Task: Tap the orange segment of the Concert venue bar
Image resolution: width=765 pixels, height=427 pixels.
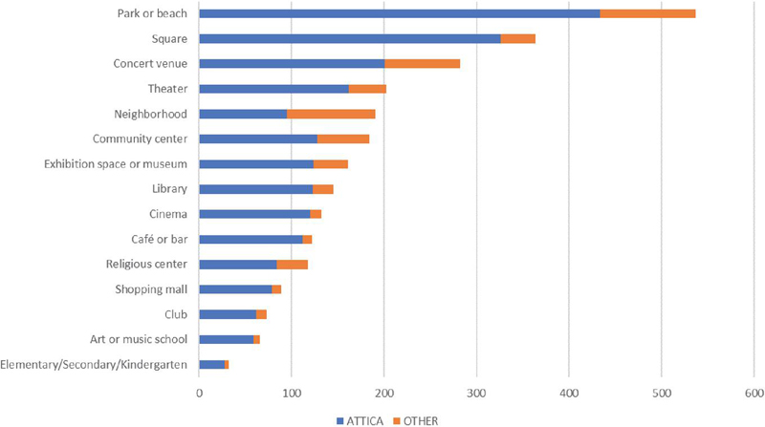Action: [x=422, y=63]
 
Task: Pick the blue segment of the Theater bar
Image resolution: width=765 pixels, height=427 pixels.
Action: [x=273, y=89]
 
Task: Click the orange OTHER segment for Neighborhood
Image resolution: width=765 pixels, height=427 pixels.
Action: [x=331, y=114]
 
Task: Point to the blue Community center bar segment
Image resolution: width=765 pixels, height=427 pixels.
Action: [x=257, y=139]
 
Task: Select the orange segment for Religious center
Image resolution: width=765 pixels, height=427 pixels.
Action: [x=292, y=264]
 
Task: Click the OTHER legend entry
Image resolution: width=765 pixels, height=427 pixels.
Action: [x=416, y=417]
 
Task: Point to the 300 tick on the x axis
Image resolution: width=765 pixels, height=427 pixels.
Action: [x=476, y=392]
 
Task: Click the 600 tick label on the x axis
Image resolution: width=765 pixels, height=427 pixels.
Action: [x=754, y=392]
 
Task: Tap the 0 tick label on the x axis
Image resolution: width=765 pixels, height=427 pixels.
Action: [x=199, y=392]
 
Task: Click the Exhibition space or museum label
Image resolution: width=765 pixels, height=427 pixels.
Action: [x=115, y=164]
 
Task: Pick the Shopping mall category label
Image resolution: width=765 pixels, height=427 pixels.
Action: [x=150, y=288]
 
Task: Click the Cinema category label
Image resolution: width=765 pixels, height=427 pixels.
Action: [x=166, y=214]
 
